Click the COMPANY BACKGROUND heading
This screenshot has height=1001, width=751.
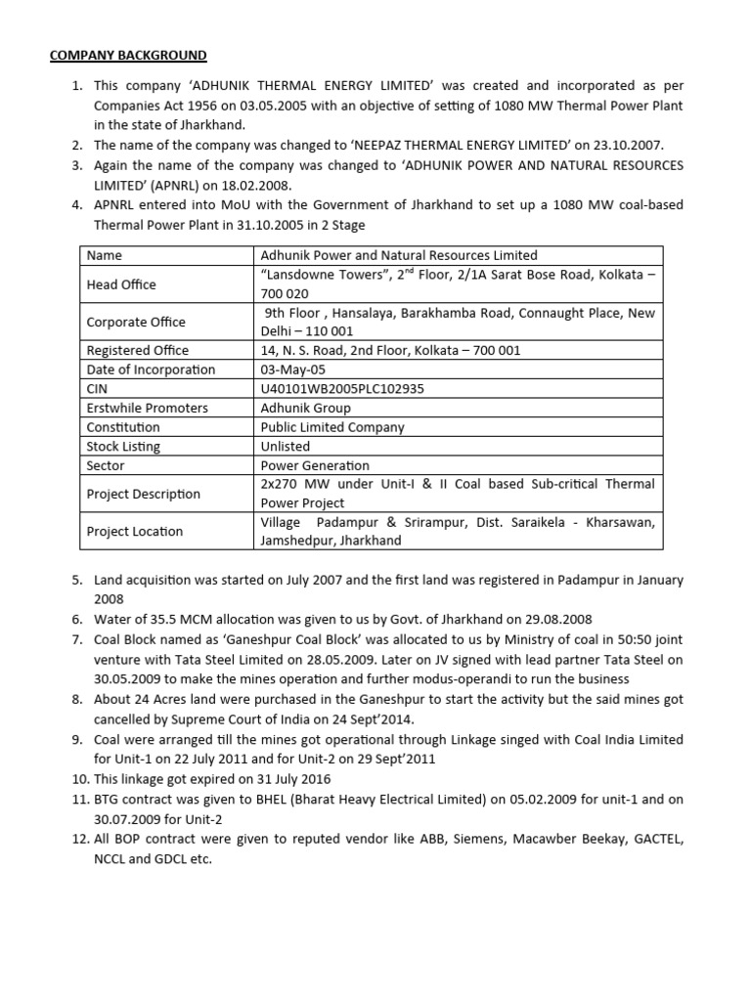tap(128, 55)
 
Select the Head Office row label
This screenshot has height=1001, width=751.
tap(121, 284)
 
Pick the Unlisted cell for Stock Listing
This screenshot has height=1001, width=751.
tap(286, 447)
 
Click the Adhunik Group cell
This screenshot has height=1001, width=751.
tap(305, 408)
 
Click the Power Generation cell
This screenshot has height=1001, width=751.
tap(315, 466)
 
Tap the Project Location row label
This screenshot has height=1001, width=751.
tap(135, 532)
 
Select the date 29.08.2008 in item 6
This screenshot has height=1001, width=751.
tap(557, 620)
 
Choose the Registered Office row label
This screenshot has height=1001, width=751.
tap(138, 350)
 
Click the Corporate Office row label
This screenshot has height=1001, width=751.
tap(136, 322)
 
